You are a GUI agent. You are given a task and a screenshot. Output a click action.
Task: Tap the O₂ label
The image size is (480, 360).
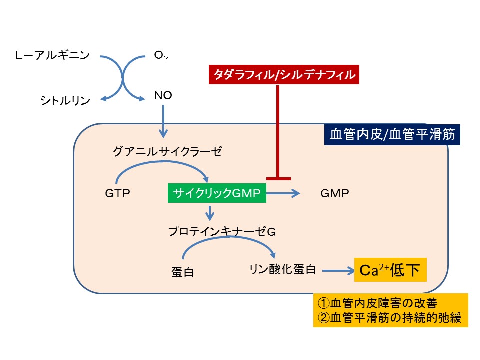[161, 56]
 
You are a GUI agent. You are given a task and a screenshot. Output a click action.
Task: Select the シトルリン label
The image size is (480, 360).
[65, 101]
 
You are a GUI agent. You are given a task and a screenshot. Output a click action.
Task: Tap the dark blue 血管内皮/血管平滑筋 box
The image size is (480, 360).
[392, 134]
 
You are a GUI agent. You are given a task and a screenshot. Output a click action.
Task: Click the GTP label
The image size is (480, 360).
[118, 193]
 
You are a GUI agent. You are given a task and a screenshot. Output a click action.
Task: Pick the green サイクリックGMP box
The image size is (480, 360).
[217, 193]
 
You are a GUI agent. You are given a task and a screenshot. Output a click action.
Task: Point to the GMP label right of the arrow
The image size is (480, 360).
[334, 193]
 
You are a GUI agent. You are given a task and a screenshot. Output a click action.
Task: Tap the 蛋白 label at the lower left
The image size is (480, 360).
[182, 272]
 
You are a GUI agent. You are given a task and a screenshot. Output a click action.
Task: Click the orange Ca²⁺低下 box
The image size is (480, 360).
[390, 270]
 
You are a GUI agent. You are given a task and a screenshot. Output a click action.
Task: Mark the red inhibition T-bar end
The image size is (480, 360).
[278, 178]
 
